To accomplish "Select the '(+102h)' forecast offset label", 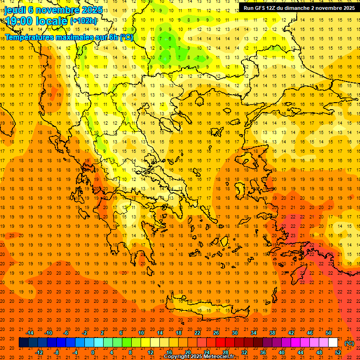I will coord(83,21).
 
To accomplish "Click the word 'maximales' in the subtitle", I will coord(75,37).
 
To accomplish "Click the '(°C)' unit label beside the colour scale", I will coord(349,343).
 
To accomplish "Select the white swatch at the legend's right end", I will coord(333,343).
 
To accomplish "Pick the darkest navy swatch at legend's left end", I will coord(23,343).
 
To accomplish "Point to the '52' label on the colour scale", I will coord(338,352).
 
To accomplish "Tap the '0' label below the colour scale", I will coord(93,352).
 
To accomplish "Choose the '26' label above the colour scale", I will coord(216,333).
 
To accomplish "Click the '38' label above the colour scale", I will coord(272,333).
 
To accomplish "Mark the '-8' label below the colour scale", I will coord(56,352).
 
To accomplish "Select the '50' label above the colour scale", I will coord(329,333).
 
